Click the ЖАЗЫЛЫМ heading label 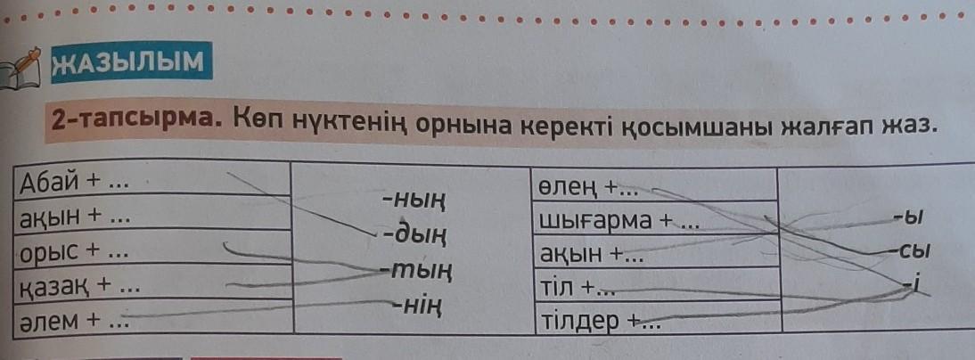tap(128, 61)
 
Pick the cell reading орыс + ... tap(152, 250)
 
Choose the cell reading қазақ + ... tap(152, 284)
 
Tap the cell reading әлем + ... tap(153, 317)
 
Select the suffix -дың tap(415, 235)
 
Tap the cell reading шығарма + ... tap(655, 219)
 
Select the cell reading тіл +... tap(657, 285)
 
